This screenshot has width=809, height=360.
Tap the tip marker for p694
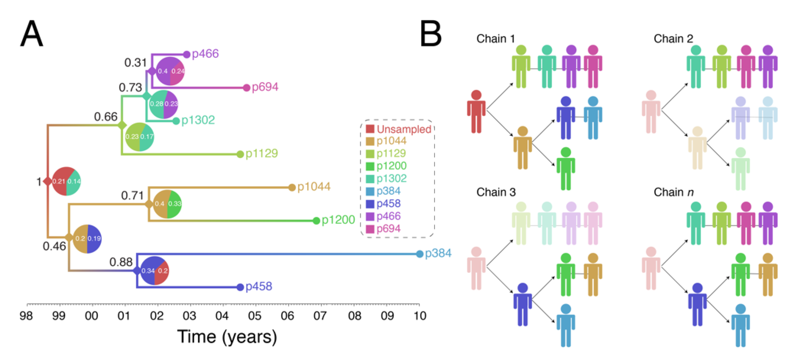pos(246,88)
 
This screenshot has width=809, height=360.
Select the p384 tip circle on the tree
pos(420,254)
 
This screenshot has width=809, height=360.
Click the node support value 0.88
pos(121,262)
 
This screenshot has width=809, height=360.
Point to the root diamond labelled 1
pos(48,181)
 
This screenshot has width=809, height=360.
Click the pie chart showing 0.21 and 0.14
pos(66,181)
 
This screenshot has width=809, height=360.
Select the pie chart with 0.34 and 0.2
pos(155,270)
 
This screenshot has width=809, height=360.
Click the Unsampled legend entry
pos(404,129)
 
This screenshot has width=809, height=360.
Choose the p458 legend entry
pos(388,203)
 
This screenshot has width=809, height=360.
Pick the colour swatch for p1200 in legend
pos(370,166)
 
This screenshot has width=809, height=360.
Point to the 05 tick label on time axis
pos(254,316)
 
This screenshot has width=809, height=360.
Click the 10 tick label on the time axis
pos(420,316)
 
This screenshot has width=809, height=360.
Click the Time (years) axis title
pos(227,337)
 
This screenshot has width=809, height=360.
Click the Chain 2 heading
pos(673,39)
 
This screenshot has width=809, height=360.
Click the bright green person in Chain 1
pos(566,169)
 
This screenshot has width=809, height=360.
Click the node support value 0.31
pos(135,63)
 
